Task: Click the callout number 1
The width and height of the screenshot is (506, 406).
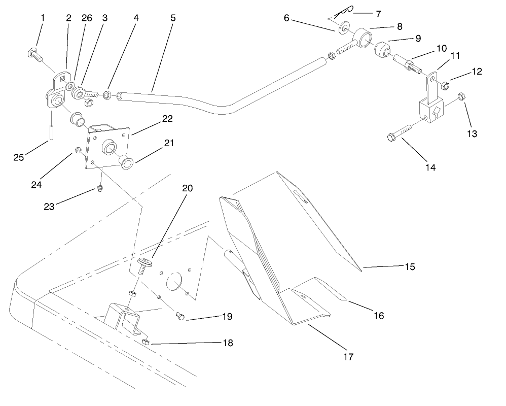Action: pyautogui.click(x=43, y=17)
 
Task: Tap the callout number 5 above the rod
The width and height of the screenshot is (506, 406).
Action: pyautogui.click(x=173, y=17)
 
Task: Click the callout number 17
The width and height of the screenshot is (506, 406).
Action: pyautogui.click(x=348, y=357)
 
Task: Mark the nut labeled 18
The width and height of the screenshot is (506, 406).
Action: pyautogui.click(x=145, y=343)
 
